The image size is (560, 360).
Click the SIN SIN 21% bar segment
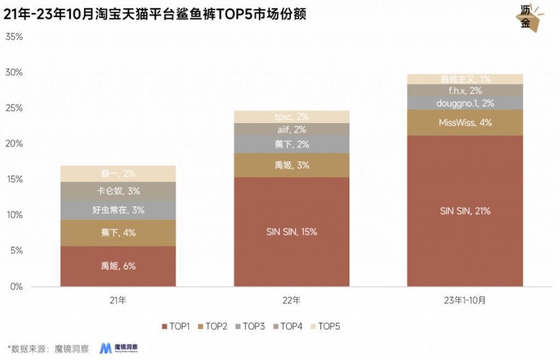tap(465, 211)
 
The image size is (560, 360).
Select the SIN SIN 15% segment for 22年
tap(291, 231)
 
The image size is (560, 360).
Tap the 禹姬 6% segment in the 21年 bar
tap(118, 266)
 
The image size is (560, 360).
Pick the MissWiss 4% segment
tap(465, 123)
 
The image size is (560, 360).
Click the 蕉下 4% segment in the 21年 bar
tap(118, 233)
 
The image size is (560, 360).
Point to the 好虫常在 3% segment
tap(118, 210)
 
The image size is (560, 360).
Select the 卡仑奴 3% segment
tap(118, 191)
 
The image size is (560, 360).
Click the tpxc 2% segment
tap(291, 117)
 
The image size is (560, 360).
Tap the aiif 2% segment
tap(291, 130)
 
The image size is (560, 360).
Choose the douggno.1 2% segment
tap(465, 103)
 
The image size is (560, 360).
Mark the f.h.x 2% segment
tap(465, 90)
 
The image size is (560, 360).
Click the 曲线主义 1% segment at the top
tap(465, 79)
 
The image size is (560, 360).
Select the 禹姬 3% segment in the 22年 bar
tap(291, 165)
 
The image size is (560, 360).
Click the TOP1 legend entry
tap(176, 326)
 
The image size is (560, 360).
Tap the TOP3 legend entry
tap(250, 326)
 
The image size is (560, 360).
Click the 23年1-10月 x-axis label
tap(465, 300)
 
